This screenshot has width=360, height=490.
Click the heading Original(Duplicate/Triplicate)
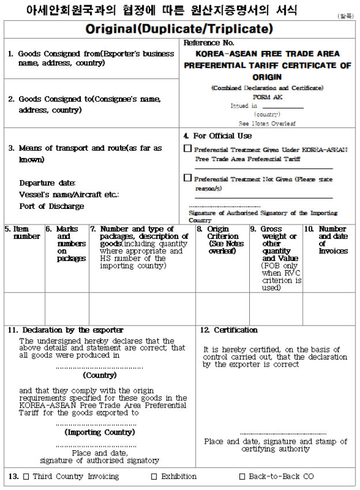[179, 28]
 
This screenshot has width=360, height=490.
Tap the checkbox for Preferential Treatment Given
[187, 148]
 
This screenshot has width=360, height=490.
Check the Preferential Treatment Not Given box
[187, 178]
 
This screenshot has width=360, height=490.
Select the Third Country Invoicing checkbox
[26, 477]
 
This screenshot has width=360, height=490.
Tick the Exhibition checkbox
[154, 477]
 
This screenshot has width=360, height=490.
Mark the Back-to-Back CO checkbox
[242, 477]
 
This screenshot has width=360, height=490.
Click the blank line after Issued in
[282, 106]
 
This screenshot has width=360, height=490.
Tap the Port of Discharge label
[51, 206]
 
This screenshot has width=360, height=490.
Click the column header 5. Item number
[22, 233]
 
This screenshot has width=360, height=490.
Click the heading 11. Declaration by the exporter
[65, 330]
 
